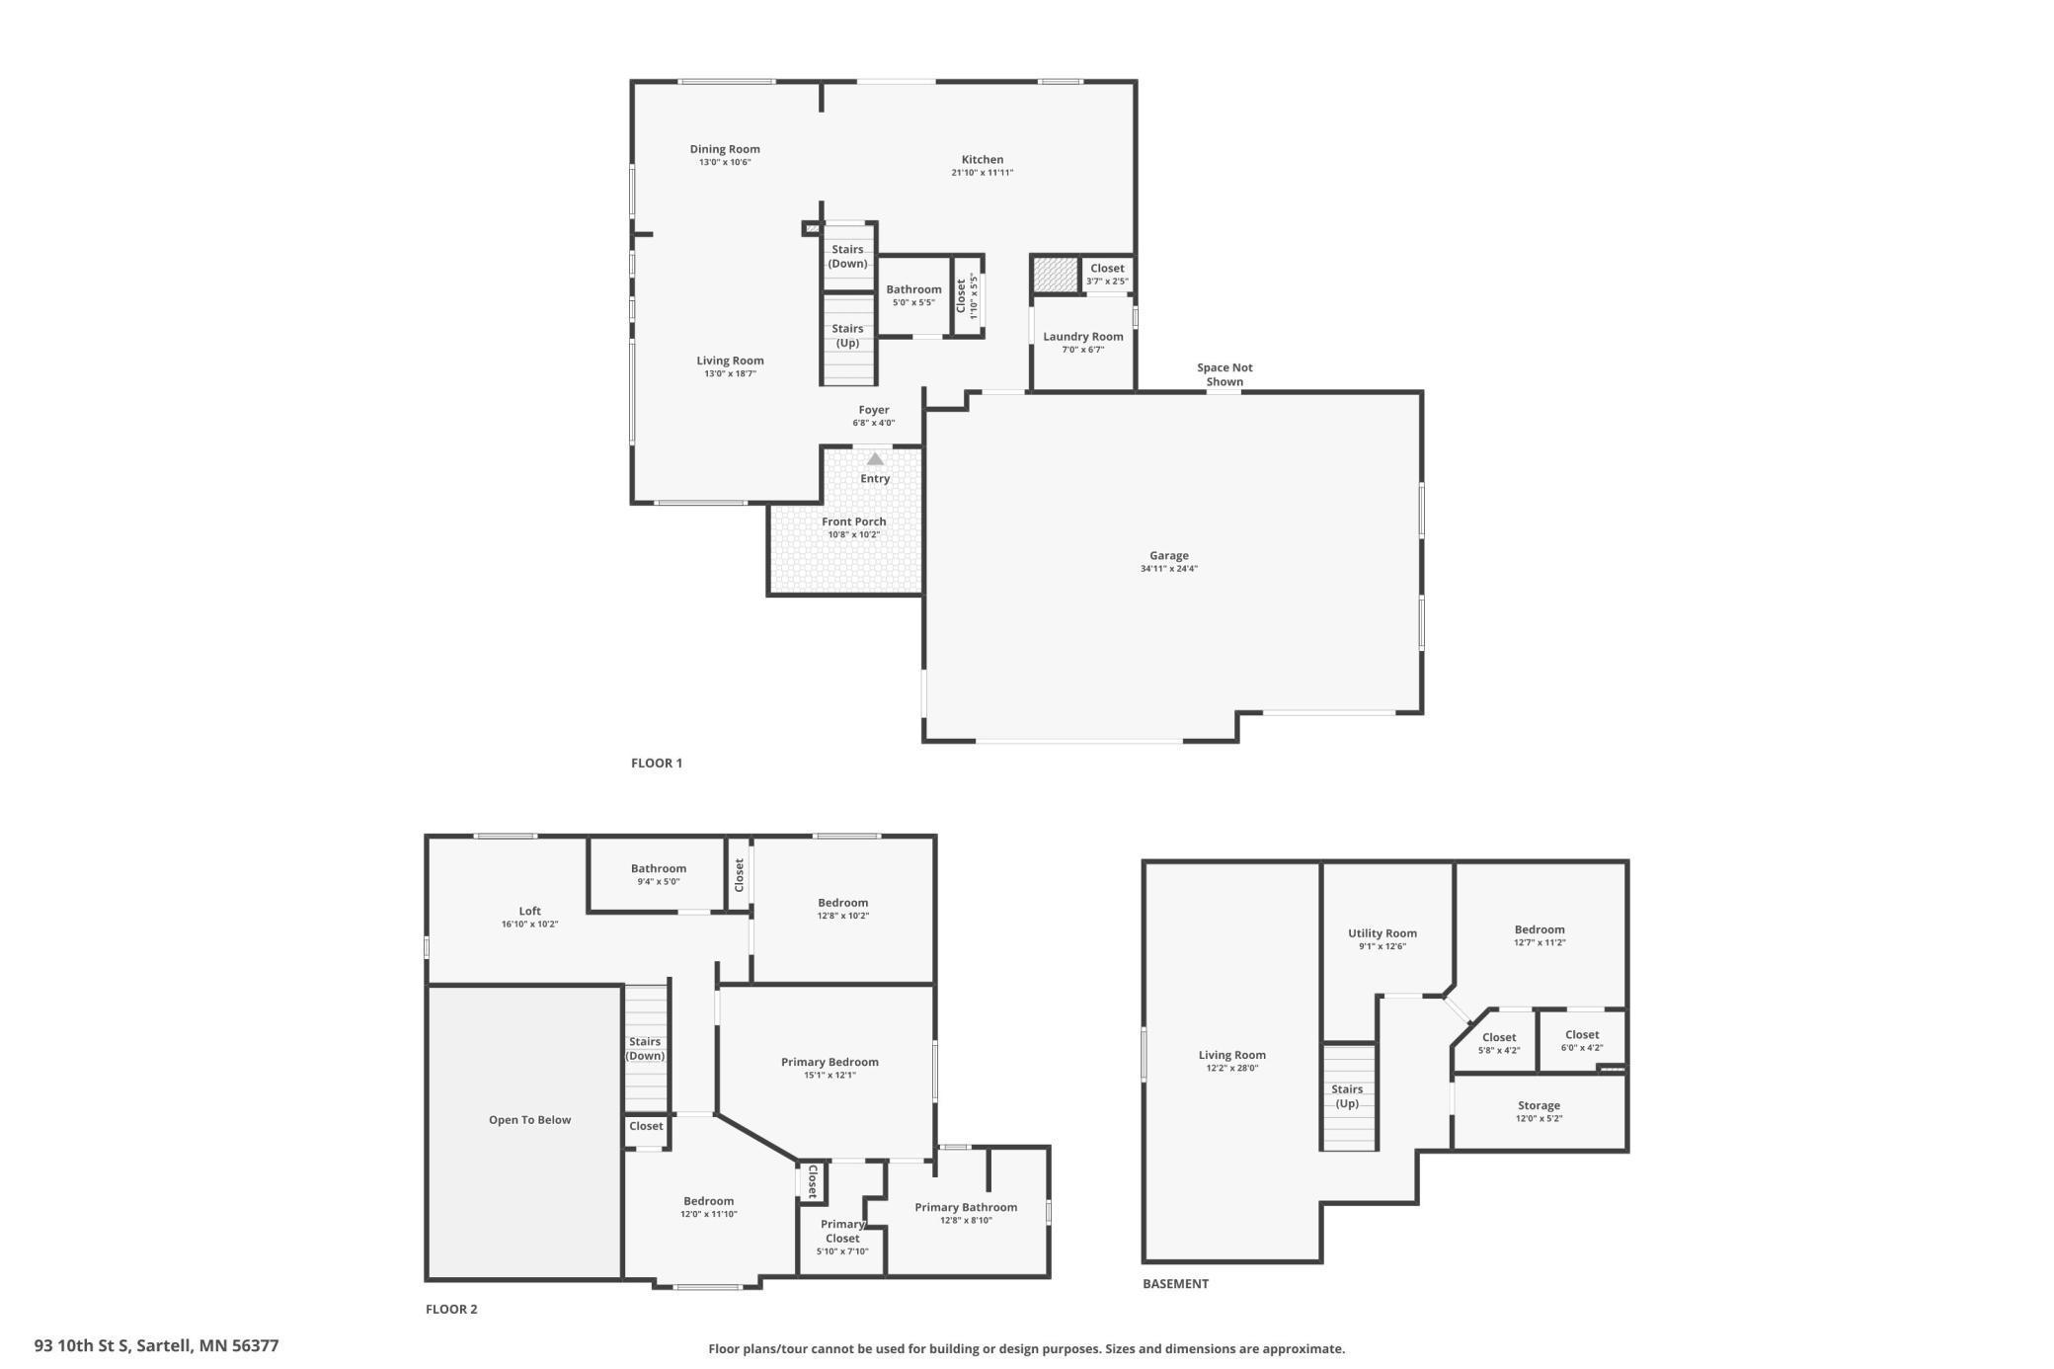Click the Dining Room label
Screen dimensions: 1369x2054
pyautogui.click(x=725, y=149)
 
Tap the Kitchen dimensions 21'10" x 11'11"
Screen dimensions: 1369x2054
pyautogui.click(x=982, y=173)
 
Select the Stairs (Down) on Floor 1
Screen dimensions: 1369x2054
pyautogui.click(x=847, y=257)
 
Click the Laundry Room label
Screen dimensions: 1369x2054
pyautogui.click(x=1082, y=337)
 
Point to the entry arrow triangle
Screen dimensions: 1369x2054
pyautogui.click(x=875, y=459)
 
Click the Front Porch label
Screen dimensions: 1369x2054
pyautogui.click(x=853, y=522)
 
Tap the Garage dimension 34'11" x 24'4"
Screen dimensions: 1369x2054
pyautogui.click(x=1168, y=569)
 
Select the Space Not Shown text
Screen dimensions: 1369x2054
pyautogui.click(x=1224, y=374)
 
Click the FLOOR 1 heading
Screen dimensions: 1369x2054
pyautogui.click(x=657, y=763)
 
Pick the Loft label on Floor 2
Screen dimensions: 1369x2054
pyautogui.click(x=530, y=911)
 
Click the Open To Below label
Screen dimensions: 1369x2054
pyautogui.click(x=529, y=1119)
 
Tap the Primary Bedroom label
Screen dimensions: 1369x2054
pyautogui.click(x=829, y=1062)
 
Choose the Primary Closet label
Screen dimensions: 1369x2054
pyautogui.click(x=842, y=1231)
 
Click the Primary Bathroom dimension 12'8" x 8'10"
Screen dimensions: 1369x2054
pyautogui.click(x=966, y=1221)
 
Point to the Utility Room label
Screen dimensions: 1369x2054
pyautogui.click(x=1382, y=933)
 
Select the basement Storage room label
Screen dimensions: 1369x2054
pyautogui.click(x=1539, y=1105)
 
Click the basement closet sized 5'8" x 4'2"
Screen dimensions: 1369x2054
pyautogui.click(x=1499, y=1042)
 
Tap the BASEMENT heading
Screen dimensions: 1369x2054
pyautogui.click(x=1175, y=1284)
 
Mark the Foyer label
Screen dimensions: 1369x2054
pyautogui.click(x=874, y=410)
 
